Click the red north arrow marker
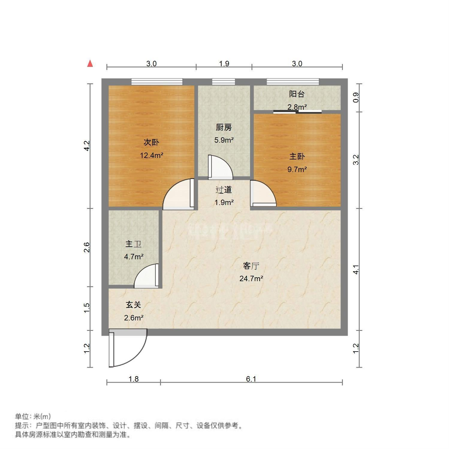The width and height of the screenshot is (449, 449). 90,64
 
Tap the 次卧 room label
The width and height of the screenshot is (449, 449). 151,142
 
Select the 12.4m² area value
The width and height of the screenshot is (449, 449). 151,155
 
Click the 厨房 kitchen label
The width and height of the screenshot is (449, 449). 224,127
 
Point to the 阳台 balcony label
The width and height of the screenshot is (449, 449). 297,94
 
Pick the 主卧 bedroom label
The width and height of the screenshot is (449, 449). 297,156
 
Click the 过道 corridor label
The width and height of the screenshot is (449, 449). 224,189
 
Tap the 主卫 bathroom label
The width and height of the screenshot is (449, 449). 133,244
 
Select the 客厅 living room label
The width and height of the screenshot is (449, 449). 251,266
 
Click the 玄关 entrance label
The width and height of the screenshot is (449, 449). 133,305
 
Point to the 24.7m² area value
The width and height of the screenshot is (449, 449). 251,279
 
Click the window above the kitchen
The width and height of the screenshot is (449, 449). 223,82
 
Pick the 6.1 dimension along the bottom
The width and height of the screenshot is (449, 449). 251,379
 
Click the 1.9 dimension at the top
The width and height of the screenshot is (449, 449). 224,64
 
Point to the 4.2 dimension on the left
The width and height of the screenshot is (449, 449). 87,146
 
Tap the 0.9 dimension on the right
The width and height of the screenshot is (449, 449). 356,98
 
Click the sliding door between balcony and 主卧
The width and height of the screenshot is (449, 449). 297,112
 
